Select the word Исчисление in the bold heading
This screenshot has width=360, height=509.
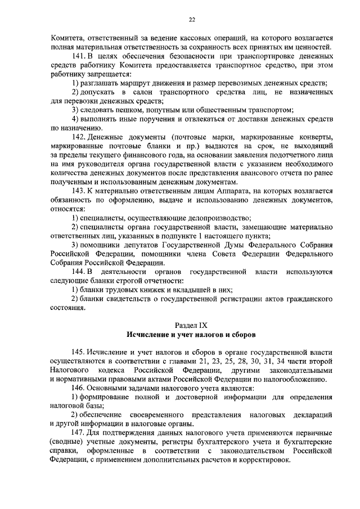(x=149, y=335)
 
